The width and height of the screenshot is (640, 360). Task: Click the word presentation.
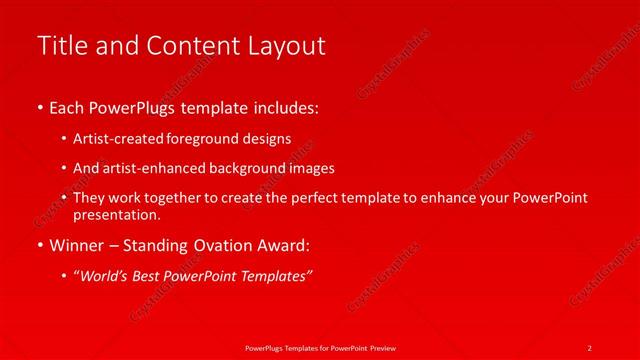[116, 214]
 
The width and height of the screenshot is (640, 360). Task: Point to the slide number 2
[590, 346]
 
